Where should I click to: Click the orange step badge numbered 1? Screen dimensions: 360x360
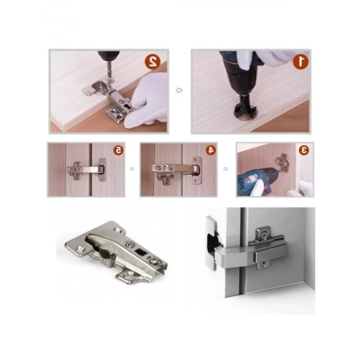[301, 61]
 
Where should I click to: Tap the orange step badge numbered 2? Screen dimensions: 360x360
[152, 61]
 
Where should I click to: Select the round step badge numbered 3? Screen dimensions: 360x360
[304, 150]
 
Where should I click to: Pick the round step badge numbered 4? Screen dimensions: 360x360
[211, 150]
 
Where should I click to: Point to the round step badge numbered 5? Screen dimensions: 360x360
[118, 150]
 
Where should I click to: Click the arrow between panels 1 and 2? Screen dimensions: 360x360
[179, 91]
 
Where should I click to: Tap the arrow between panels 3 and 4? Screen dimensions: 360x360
[226, 169]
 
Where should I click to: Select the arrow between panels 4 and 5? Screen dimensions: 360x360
[132, 169]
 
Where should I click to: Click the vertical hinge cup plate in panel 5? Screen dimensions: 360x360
[102, 169]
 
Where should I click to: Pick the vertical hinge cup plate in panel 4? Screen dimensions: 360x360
[197, 170]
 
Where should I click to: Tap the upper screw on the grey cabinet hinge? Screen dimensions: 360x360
[264, 236]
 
